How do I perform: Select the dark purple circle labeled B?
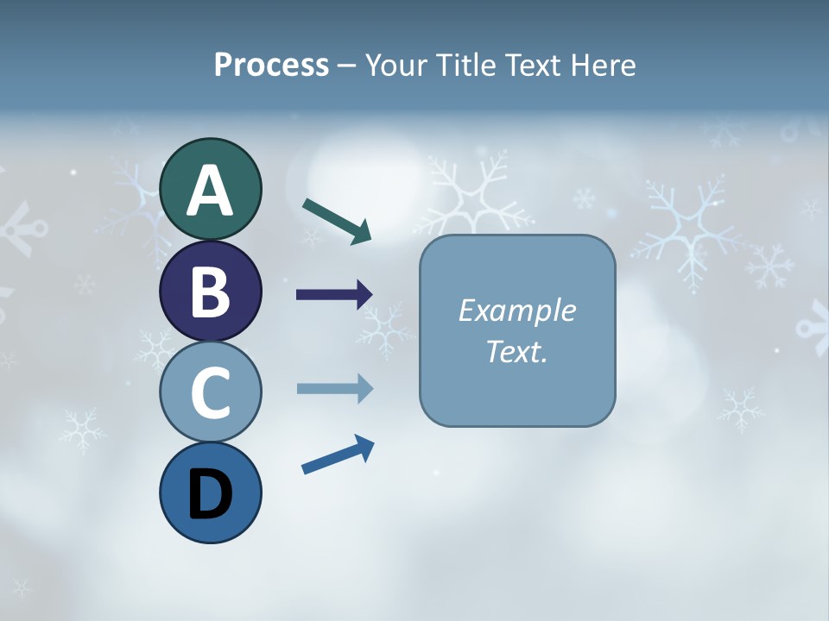pyautogui.click(x=210, y=292)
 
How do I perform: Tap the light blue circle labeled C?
pyautogui.click(x=210, y=392)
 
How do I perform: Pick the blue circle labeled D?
pyautogui.click(x=210, y=493)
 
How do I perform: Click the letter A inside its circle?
pyautogui.click(x=210, y=191)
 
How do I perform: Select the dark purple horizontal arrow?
pyautogui.click(x=333, y=295)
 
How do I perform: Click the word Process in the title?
pyautogui.click(x=271, y=66)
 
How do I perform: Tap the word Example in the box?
pyautogui.click(x=516, y=310)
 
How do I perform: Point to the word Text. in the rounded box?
pyautogui.click(x=516, y=352)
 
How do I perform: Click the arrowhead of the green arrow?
pyautogui.click(x=363, y=232)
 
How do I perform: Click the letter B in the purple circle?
pyautogui.click(x=210, y=292)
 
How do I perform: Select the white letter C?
pyautogui.click(x=210, y=392)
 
